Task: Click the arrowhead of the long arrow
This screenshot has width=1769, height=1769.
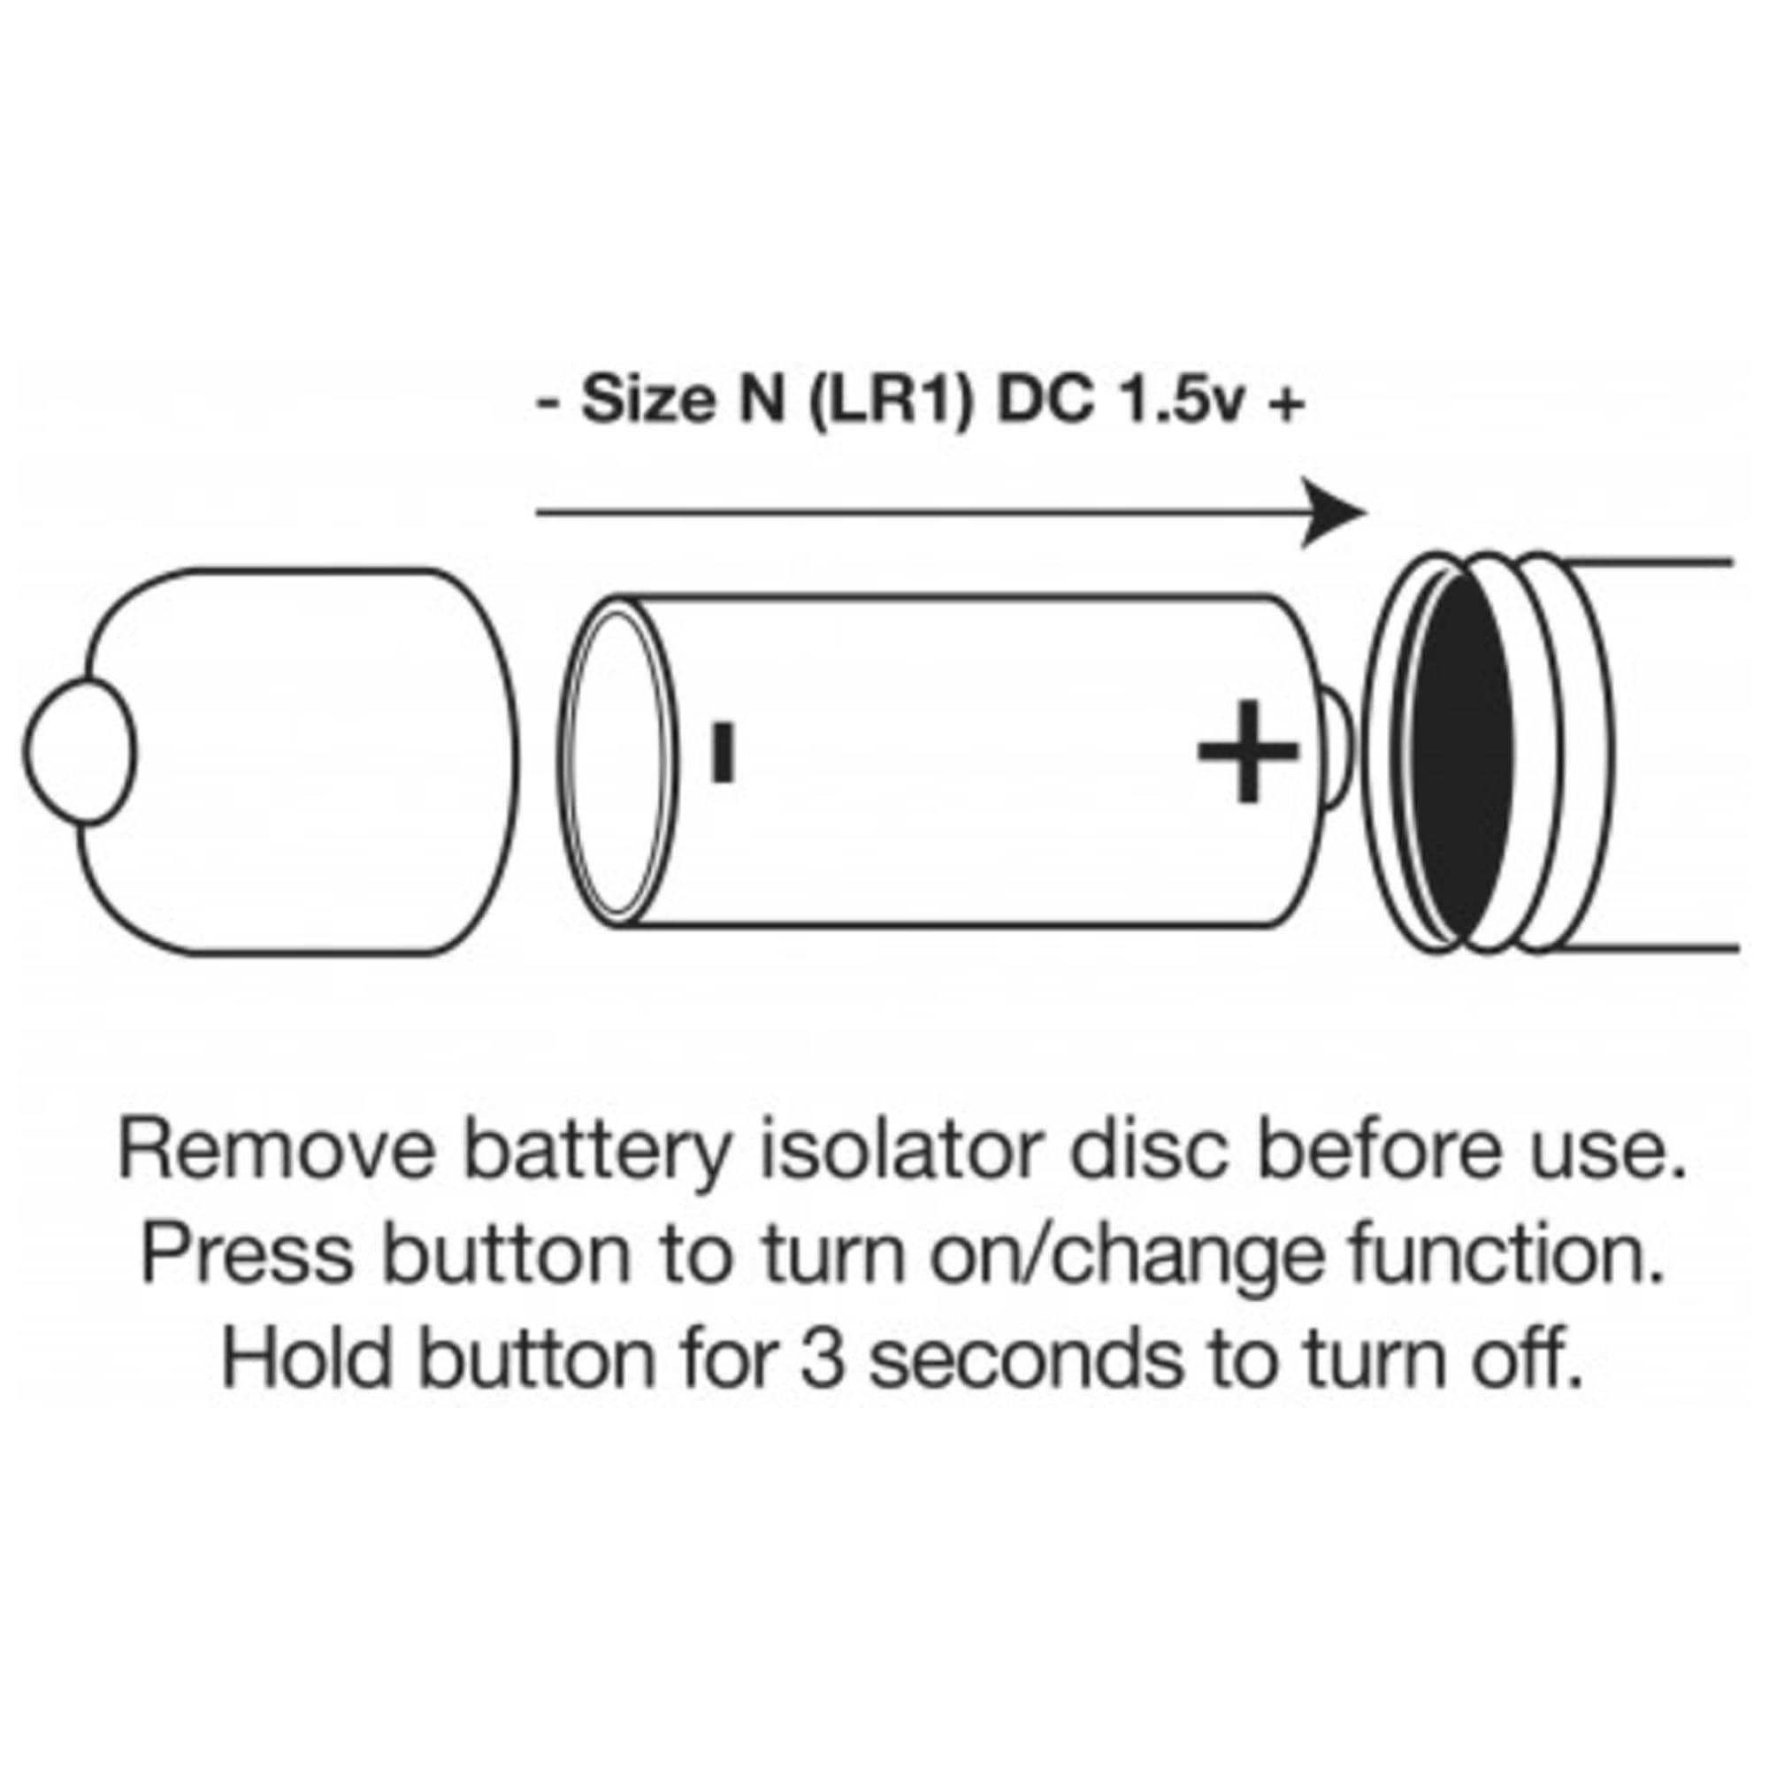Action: [x=1333, y=513]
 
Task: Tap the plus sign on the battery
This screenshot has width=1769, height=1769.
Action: [x=1248, y=751]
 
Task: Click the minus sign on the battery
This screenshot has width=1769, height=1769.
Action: [x=724, y=753]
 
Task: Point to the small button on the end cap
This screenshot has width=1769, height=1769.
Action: [x=80, y=751]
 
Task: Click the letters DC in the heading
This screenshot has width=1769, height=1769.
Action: [x=1045, y=402]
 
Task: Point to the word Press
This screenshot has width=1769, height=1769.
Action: [x=248, y=1253]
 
